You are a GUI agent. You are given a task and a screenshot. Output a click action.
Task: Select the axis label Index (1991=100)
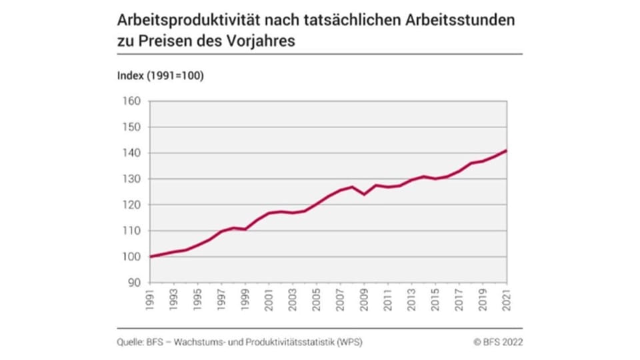click(160, 75)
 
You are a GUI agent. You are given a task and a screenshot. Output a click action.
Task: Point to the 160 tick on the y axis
click(131, 101)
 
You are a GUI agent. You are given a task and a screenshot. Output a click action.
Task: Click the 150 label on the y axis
click(131, 127)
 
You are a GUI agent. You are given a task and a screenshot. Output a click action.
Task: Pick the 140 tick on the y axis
click(131, 153)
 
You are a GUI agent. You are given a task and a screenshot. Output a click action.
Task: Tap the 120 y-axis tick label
click(131, 205)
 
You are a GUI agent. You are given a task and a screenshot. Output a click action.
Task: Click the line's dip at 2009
click(364, 194)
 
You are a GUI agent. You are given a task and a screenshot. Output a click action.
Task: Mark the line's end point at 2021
click(506, 151)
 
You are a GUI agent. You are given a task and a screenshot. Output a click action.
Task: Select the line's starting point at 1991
click(151, 257)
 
